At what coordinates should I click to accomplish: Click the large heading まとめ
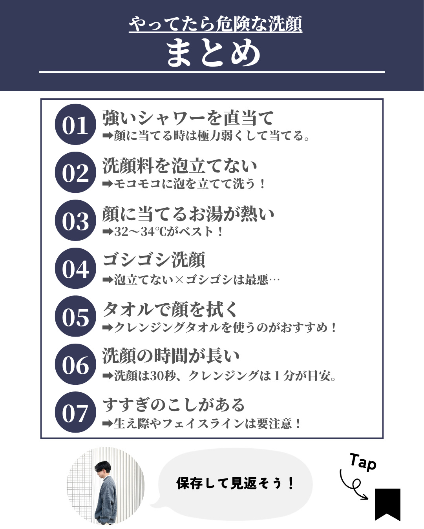point(213,53)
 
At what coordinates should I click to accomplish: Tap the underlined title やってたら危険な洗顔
point(216,24)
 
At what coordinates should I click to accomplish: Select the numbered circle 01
point(75,124)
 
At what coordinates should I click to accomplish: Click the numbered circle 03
point(75,220)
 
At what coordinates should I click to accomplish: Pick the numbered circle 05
point(75,316)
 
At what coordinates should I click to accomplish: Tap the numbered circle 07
point(75,412)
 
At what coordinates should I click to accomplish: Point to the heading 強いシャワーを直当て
point(188,118)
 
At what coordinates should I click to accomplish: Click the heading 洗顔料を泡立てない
point(179,166)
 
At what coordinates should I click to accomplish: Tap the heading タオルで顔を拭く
point(170,309)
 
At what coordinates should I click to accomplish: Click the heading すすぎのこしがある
point(174,405)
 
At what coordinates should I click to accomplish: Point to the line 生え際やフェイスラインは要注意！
point(207,423)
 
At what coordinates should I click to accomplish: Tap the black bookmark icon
point(387,504)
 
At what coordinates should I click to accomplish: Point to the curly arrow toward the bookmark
point(352,486)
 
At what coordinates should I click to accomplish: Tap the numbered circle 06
point(75,364)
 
